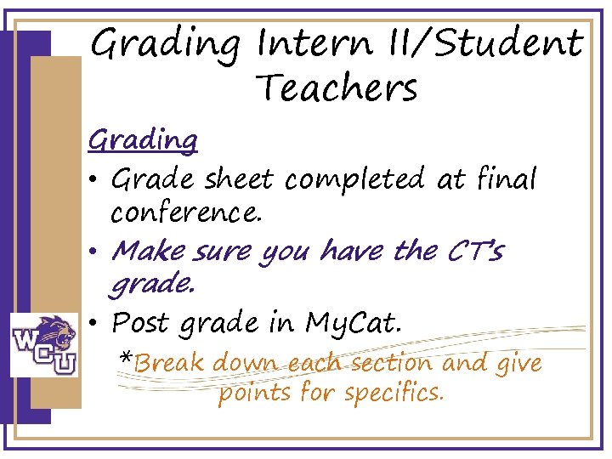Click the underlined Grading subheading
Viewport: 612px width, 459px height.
pos(143,139)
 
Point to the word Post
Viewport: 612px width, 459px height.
pos(141,323)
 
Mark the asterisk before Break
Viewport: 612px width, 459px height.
pos(125,359)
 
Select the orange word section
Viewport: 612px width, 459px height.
pos(390,364)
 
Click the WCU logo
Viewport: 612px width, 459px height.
pos(44,344)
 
